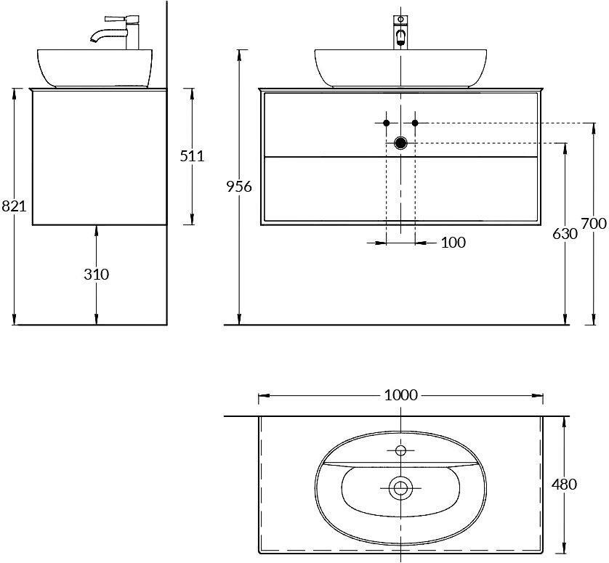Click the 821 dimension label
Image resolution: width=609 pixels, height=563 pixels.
[13, 206]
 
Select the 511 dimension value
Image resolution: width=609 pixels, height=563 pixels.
[193, 155]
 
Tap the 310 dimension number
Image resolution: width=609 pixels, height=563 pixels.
[96, 275]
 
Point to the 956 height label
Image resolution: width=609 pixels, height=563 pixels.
[239, 187]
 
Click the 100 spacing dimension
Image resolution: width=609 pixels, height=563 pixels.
[453, 243]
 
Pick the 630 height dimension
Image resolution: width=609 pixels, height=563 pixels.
[565, 234]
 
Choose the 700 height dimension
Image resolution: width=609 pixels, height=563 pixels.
[593, 224]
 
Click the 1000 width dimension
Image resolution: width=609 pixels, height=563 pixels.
[400, 395]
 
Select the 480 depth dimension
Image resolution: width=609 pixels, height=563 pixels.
[565, 484]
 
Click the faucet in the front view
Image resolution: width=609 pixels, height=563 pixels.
[400, 33]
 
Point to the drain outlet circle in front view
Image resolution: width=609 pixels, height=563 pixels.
[400, 143]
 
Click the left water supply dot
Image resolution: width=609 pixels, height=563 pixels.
[387, 123]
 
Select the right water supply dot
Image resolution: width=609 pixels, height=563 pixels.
[415, 123]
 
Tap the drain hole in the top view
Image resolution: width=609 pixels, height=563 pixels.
[400, 488]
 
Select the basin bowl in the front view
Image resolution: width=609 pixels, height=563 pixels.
[400, 67]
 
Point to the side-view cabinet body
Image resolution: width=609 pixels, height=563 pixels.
[100, 156]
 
